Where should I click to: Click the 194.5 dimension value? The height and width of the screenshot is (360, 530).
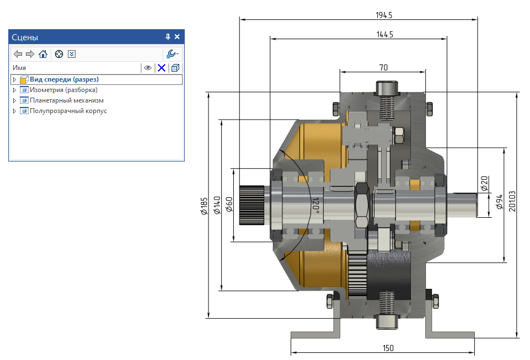tap(384, 15)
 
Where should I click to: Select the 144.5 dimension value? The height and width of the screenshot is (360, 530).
tap(384, 35)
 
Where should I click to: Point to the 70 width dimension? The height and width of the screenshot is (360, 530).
tap(383, 68)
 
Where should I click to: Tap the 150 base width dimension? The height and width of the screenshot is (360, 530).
tap(388, 348)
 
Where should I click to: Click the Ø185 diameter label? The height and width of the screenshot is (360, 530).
tap(204, 206)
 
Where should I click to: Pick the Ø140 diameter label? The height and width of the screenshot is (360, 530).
tap(217, 205)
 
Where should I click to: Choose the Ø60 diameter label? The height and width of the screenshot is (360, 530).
tap(229, 205)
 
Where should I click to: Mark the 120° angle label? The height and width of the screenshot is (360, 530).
tap(315, 206)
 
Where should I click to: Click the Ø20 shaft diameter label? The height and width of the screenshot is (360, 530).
tap(484, 184)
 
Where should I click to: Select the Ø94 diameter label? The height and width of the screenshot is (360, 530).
tap(499, 201)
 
